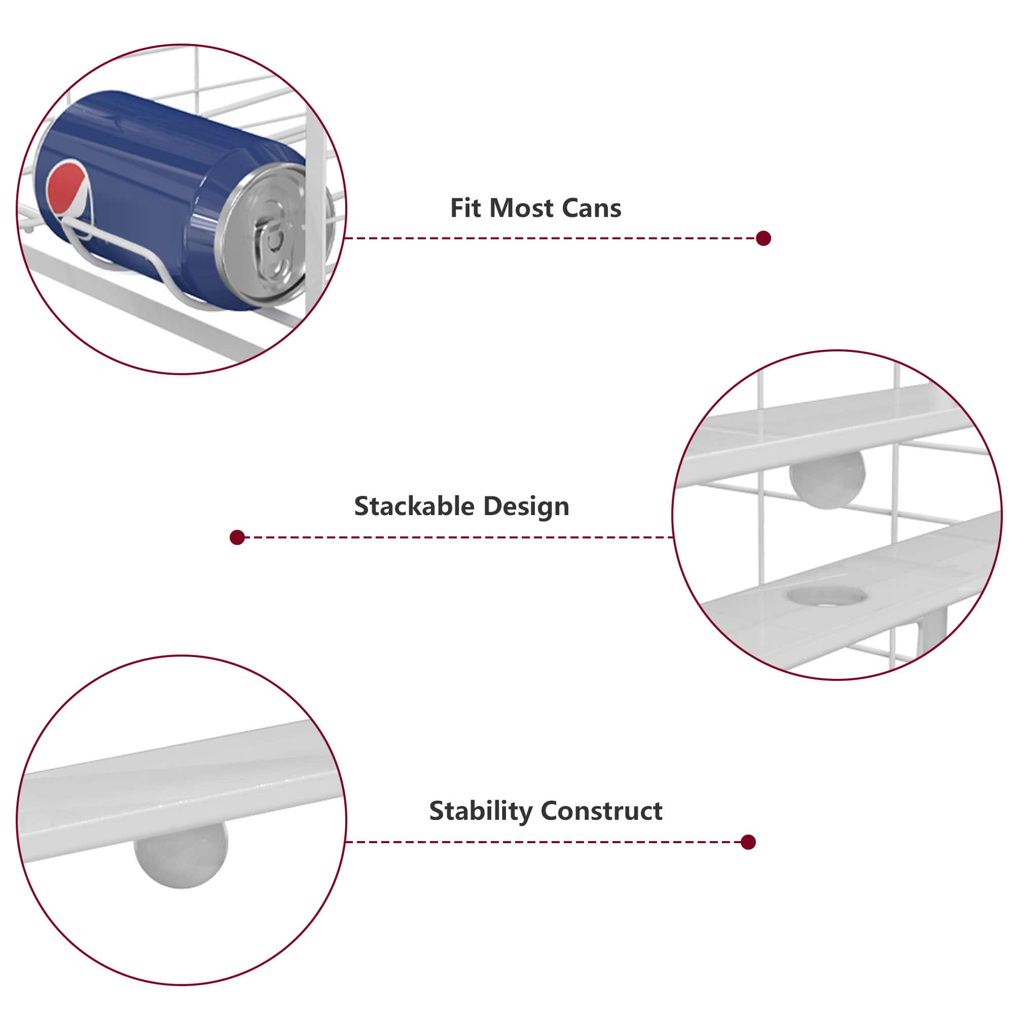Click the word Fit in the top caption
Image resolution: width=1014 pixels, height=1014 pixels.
(x=465, y=208)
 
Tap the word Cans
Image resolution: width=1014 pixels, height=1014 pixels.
(x=592, y=208)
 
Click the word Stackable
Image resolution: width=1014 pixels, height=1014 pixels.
(x=414, y=506)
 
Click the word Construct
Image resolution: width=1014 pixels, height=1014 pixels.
(x=601, y=811)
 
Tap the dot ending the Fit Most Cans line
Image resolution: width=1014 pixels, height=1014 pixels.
(x=764, y=238)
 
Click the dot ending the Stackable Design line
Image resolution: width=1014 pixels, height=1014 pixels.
(x=237, y=537)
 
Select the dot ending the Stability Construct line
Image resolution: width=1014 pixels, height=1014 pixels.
(x=748, y=842)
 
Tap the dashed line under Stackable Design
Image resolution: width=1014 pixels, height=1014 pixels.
(x=459, y=537)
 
